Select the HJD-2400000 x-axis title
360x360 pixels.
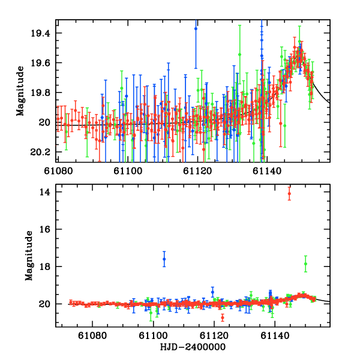point(191,347)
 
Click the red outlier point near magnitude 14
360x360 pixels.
point(289,193)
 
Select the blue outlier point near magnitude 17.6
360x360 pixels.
point(164,259)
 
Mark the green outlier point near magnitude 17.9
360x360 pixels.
point(305,263)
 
